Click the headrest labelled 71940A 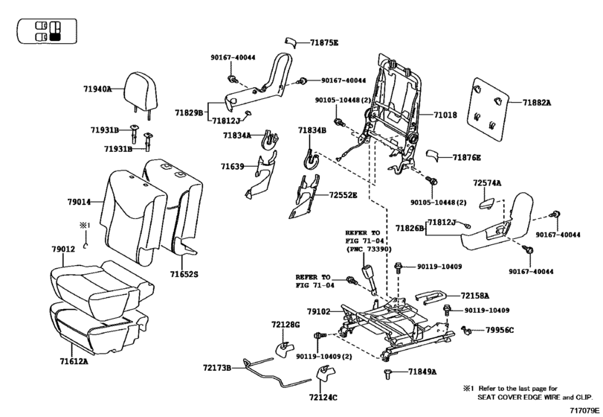(x=141, y=92)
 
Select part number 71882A (x=537, y=103)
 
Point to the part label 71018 (x=445, y=115)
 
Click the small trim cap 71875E (x=291, y=42)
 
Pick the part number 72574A (x=487, y=183)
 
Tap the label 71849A (x=422, y=372)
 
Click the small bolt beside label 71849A (x=387, y=374)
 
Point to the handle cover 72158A (x=431, y=296)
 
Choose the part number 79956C (x=500, y=330)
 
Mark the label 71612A (x=74, y=362)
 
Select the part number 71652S (x=184, y=274)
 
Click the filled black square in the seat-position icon (x=55, y=37)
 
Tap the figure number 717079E (x=584, y=411)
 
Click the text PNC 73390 (x=370, y=249)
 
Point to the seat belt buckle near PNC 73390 (x=370, y=279)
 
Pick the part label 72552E (x=343, y=195)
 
